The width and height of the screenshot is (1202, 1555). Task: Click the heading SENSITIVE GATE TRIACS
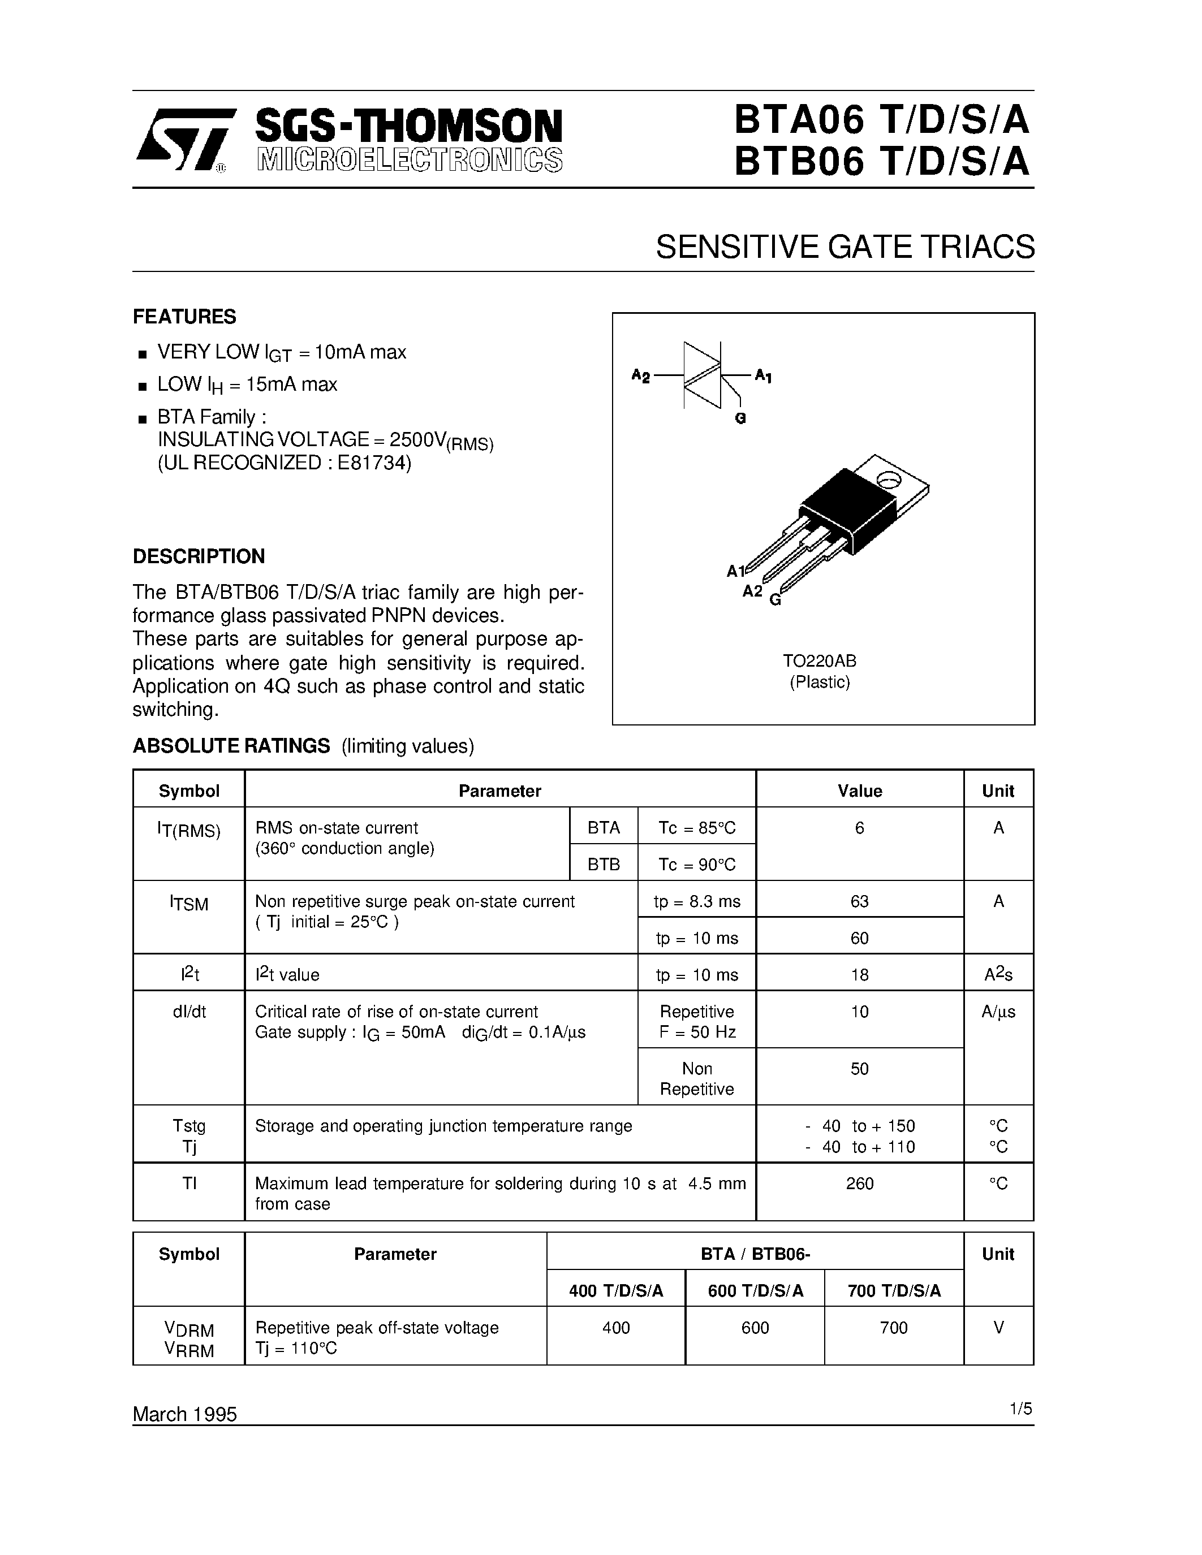(845, 247)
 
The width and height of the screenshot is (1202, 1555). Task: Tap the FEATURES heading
(184, 316)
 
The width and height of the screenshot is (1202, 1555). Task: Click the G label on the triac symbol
(740, 420)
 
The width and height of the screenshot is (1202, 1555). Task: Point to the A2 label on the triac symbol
(641, 376)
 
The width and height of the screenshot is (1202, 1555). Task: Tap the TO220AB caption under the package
(820, 660)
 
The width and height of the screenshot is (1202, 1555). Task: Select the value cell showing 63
(859, 901)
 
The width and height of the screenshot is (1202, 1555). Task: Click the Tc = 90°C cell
(696, 865)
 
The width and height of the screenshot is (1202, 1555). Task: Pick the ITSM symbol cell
(189, 904)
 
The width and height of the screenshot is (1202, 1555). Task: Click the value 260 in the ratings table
(859, 1183)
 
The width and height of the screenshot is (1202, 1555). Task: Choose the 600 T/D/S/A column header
(756, 1291)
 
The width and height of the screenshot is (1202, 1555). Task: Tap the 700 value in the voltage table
(894, 1328)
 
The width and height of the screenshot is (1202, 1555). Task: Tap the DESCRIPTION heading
(199, 556)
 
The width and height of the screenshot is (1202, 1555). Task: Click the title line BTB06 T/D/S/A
(882, 161)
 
